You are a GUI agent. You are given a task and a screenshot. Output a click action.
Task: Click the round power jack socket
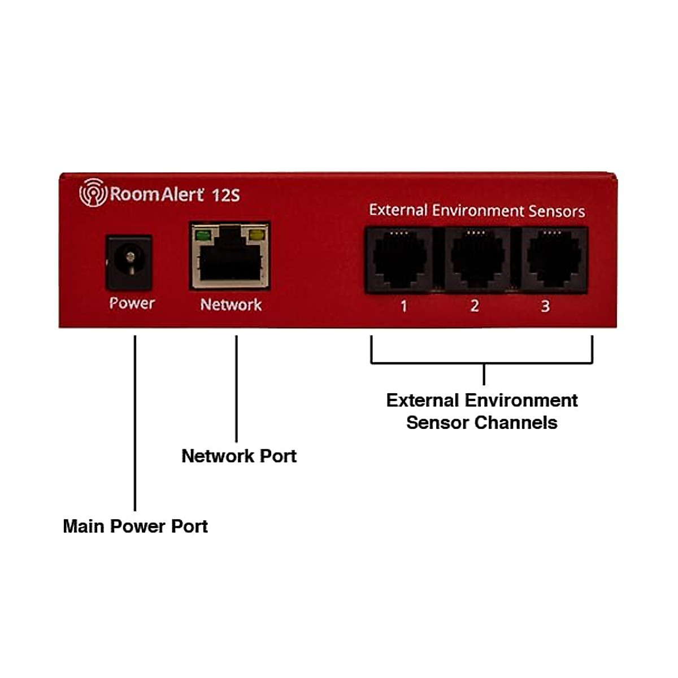coord(130,262)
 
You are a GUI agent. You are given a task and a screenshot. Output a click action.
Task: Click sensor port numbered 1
coord(399,260)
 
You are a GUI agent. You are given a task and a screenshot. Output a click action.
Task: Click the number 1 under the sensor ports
coord(403,306)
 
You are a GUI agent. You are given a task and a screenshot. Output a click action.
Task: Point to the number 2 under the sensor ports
coord(475,306)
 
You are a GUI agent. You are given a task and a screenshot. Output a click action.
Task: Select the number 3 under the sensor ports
coord(545,306)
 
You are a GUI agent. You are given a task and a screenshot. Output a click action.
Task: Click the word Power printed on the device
coord(132,303)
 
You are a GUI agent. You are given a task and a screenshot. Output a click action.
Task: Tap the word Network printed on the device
coord(231,305)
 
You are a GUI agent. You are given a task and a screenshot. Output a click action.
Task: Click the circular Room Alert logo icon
coord(93,193)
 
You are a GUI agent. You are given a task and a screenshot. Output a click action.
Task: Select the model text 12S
coord(226,195)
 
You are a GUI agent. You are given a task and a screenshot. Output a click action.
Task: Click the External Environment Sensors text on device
coord(477,211)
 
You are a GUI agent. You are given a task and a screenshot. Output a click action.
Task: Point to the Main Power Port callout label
coord(135,526)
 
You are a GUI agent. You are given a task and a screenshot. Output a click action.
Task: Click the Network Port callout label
coord(238,456)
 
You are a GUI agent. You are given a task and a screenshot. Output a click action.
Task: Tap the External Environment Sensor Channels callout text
coord(482,411)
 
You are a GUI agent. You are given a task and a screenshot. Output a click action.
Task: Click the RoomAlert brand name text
coord(157,194)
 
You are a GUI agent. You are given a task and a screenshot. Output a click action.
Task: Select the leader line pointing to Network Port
coord(236,390)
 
